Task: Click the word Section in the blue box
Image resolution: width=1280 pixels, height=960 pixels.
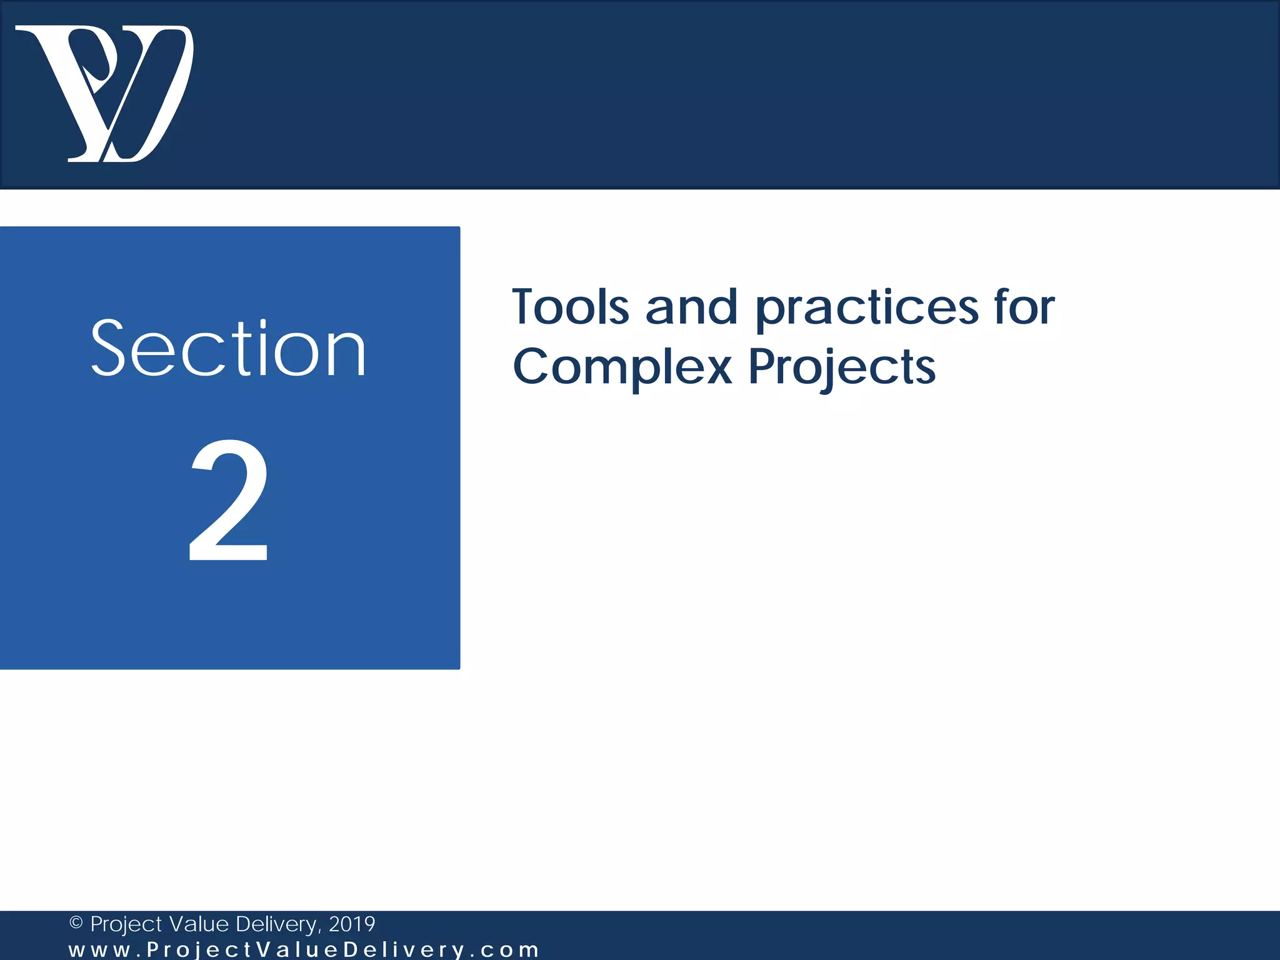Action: tap(228, 349)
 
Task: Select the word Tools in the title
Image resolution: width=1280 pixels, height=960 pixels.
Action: tap(571, 307)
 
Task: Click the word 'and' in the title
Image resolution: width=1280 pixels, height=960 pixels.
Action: tap(691, 307)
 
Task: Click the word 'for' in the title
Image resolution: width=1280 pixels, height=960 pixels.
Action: tap(1024, 307)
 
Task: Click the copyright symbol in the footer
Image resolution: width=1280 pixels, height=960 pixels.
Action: tap(76, 923)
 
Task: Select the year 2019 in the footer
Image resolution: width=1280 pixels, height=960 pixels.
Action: tap(352, 924)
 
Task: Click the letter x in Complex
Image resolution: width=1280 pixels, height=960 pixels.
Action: tap(716, 369)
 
